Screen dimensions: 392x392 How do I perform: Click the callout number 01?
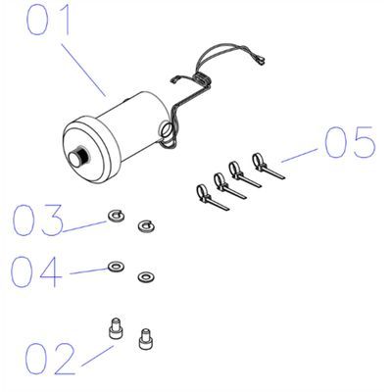[48, 20]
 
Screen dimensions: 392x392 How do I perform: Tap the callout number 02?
[50, 359]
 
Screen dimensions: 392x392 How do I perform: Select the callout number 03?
[37, 220]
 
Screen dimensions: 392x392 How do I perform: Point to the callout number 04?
[36, 271]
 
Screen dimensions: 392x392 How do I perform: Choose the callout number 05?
[350, 142]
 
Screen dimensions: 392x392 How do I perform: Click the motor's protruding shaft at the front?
[79, 156]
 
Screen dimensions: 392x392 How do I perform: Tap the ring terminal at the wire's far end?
[261, 60]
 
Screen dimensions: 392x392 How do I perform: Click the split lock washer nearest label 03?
[116, 216]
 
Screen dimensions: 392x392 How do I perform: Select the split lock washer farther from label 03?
[146, 225]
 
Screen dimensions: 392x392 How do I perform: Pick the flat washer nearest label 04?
[116, 267]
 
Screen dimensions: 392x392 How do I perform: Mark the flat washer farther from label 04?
[146, 277]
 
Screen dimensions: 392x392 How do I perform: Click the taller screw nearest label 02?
[116, 329]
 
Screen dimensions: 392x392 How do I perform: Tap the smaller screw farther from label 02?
[145, 339]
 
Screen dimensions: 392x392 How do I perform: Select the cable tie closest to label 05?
[269, 166]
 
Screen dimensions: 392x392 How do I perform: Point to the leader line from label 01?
[83, 71]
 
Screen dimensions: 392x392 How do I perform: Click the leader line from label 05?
[299, 155]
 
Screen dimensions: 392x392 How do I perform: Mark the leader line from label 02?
[97, 356]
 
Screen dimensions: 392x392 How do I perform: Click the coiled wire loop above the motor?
[201, 78]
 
